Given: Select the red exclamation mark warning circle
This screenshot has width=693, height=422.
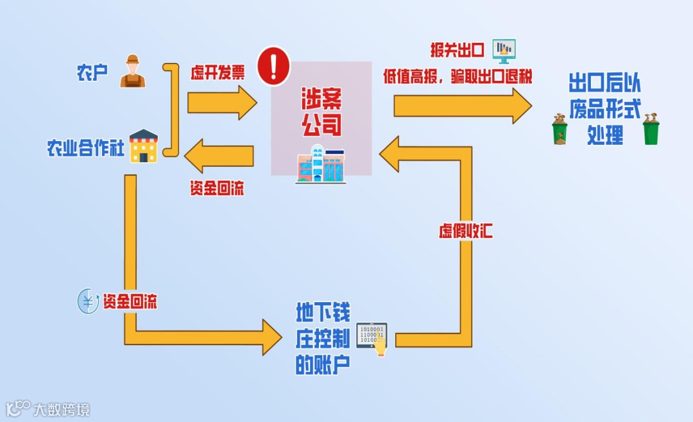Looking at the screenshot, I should [274, 67].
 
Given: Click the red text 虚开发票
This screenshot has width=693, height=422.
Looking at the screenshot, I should [218, 72].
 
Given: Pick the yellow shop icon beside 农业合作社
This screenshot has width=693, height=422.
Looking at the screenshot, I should [144, 146].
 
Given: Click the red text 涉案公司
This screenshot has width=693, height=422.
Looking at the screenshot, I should [321, 112].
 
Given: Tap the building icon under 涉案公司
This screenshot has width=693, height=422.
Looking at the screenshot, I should [320, 164].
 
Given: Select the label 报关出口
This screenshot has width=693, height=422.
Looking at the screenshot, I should [456, 49].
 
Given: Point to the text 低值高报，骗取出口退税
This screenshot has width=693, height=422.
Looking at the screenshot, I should [458, 76].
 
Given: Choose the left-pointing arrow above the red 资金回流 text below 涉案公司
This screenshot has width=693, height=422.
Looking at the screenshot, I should [219, 158].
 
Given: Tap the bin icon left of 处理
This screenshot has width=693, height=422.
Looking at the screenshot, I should [560, 129].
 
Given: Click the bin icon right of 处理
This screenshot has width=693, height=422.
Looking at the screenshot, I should [651, 129].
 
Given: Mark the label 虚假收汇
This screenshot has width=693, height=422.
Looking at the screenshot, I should [466, 231].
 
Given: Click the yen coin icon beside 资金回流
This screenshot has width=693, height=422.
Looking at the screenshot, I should [88, 301].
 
